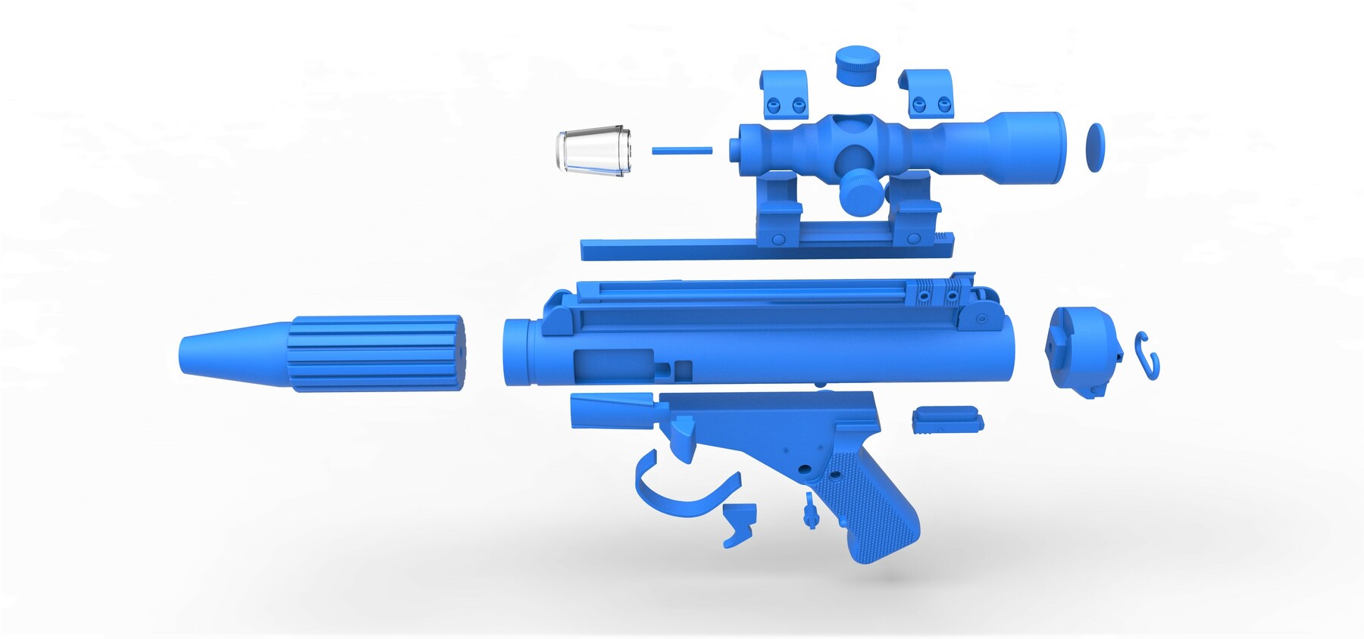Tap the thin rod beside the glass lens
pos(681,151)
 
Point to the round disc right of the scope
pos(1095,147)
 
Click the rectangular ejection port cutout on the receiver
pos(613,365)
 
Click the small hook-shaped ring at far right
pos(1147,355)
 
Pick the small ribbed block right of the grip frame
pos(947,420)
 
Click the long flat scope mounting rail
pos(682,249)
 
